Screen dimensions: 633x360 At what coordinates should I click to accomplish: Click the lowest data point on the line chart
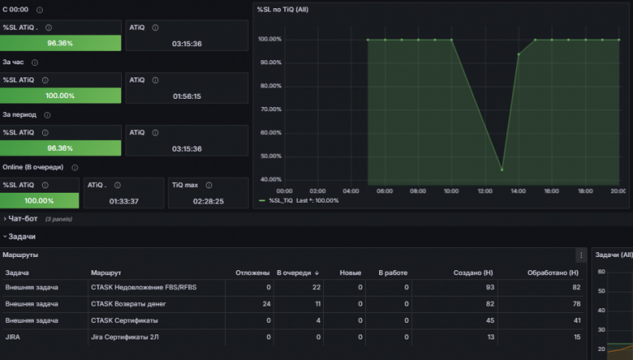pyautogui.click(x=502, y=170)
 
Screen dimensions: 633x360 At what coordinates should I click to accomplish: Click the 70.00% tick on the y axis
pyautogui.click(x=271, y=110)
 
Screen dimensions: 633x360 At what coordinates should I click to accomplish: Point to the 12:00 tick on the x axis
pyautogui.click(x=485, y=191)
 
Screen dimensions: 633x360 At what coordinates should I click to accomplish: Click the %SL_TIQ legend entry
pyautogui.click(x=280, y=200)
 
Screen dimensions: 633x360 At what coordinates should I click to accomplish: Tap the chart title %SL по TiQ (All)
pyautogui.click(x=283, y=9)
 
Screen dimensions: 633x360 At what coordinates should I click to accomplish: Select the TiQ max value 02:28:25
pyautogui.click(x=209, y=201)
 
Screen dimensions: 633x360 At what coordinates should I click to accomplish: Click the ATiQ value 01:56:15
pyautogui.click(x=186, y=96)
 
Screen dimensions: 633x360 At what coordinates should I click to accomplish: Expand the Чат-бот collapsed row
pyautogui.click(x=22, y=219)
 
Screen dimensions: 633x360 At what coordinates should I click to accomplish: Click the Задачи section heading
pyautogui.click(x=21, y=236)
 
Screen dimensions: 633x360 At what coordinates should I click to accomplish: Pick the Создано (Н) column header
pyautogui.click(x=473, y=273)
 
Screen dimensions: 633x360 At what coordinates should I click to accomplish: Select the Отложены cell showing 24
pyautogui.click(x=266, y=304)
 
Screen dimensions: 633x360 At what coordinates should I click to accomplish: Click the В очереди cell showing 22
pyautogui.click(x=316, y=288)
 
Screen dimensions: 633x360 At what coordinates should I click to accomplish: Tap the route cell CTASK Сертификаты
pyautogui.click(x=124, y=320)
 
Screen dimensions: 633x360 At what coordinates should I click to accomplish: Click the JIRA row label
pyautogui.click(x=12, y=337)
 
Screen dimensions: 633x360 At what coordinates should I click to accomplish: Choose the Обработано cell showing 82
pyautogui.click(x=576, y=288)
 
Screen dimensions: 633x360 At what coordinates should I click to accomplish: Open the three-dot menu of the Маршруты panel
pyautogui.click(x=581, y=255)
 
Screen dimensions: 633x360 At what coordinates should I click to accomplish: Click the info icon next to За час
pyautogui.click(x=35, y=63)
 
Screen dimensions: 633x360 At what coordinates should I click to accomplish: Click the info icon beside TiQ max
pyautogui.click(x=209, y=185)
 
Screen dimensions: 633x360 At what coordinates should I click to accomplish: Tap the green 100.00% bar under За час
pyautogui.click(x=60, y=96)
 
